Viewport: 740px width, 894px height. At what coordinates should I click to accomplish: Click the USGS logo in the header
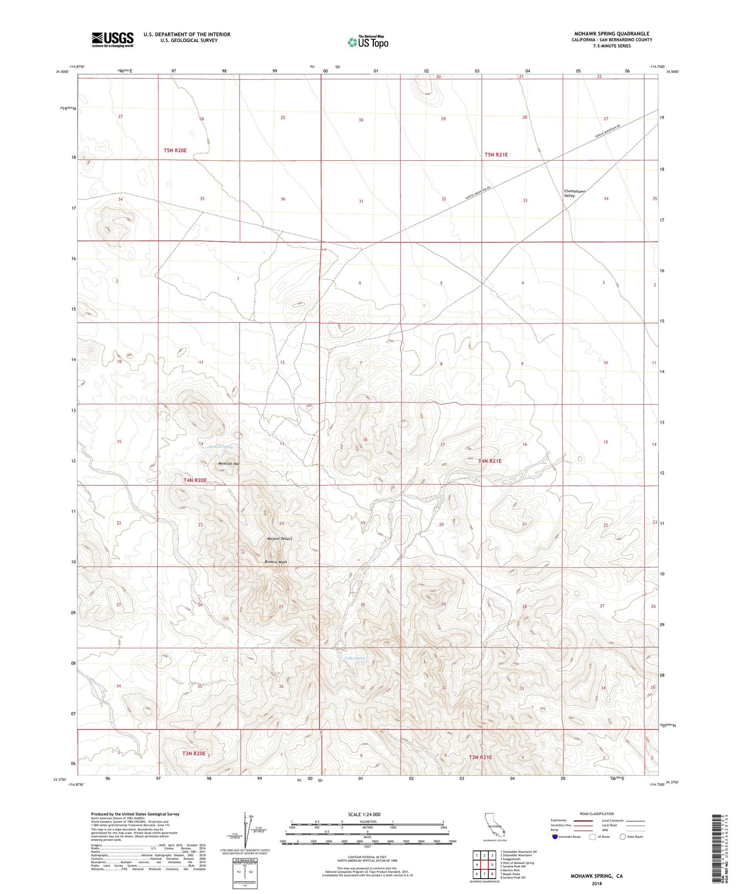click(113, 39)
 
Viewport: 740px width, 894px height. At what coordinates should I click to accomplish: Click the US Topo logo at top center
click(367, 42)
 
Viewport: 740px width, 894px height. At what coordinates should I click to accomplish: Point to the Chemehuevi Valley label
click(574, 194)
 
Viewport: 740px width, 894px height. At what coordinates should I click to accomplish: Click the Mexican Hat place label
click(229, 463)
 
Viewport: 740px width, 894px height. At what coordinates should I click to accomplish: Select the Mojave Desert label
click(280, 539)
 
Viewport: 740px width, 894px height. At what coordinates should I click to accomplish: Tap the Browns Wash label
click(276, 562)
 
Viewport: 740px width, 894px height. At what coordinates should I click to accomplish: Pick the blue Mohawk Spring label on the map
click(221, 447)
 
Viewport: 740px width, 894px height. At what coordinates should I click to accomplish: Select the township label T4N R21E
click(490, 461)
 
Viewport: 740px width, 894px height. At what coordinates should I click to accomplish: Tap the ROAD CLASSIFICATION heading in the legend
click(597, 814)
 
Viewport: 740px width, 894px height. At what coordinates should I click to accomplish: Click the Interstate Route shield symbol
click(555, 837)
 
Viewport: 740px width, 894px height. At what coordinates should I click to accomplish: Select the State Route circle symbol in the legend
click(623, 837)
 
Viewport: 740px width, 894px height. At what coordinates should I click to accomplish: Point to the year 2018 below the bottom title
click(597, 883)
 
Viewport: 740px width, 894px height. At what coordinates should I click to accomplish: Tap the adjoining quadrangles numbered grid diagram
click(484, 866)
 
